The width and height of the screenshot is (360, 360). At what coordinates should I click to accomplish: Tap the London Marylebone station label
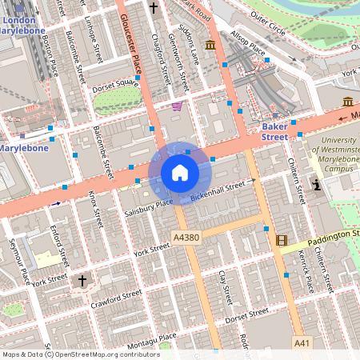24,24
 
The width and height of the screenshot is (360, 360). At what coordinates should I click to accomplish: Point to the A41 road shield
302,342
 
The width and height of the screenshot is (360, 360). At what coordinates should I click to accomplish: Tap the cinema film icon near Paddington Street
281,239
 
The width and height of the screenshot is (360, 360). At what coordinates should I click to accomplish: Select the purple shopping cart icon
176,106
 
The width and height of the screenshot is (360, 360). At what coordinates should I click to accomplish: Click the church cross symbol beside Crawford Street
82,281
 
